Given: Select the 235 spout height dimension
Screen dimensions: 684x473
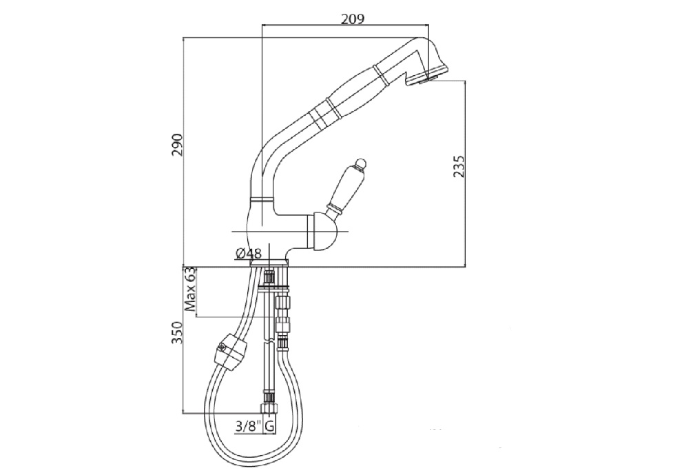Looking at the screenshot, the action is click(459, 166).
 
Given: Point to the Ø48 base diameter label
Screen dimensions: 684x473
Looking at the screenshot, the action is click(248, 253).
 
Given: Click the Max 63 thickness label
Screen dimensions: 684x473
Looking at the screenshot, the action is click(190, 289).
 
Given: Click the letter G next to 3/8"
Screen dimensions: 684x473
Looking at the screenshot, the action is click(270, 426).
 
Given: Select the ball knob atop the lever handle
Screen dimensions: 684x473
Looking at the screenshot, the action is click(361, 164).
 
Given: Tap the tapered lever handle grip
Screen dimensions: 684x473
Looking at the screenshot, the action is click(346, 188).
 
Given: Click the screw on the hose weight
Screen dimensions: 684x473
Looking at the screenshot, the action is click(222, 348).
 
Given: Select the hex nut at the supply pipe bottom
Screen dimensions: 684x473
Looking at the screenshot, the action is click(268, 408).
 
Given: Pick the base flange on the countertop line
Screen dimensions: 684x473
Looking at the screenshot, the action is click(269, 263).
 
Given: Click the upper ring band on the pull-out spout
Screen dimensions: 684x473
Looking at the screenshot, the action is click(380, 73).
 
